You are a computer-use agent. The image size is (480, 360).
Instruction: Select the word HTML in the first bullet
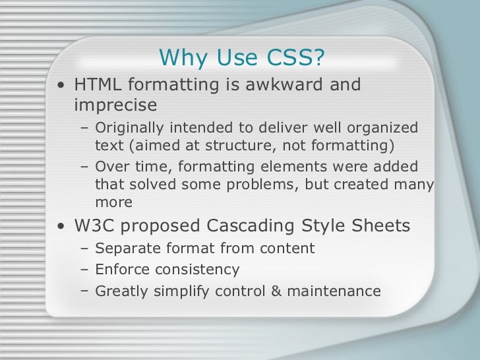100,86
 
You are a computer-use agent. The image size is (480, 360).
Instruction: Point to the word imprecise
115,105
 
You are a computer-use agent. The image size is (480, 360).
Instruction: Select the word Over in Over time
110,167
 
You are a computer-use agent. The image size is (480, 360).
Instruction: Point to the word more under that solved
113,202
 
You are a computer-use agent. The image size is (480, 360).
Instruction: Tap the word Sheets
382,226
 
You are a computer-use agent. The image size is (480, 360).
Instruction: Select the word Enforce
121,270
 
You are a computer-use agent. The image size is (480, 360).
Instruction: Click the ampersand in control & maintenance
276,291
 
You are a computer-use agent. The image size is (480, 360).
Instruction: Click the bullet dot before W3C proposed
61,227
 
